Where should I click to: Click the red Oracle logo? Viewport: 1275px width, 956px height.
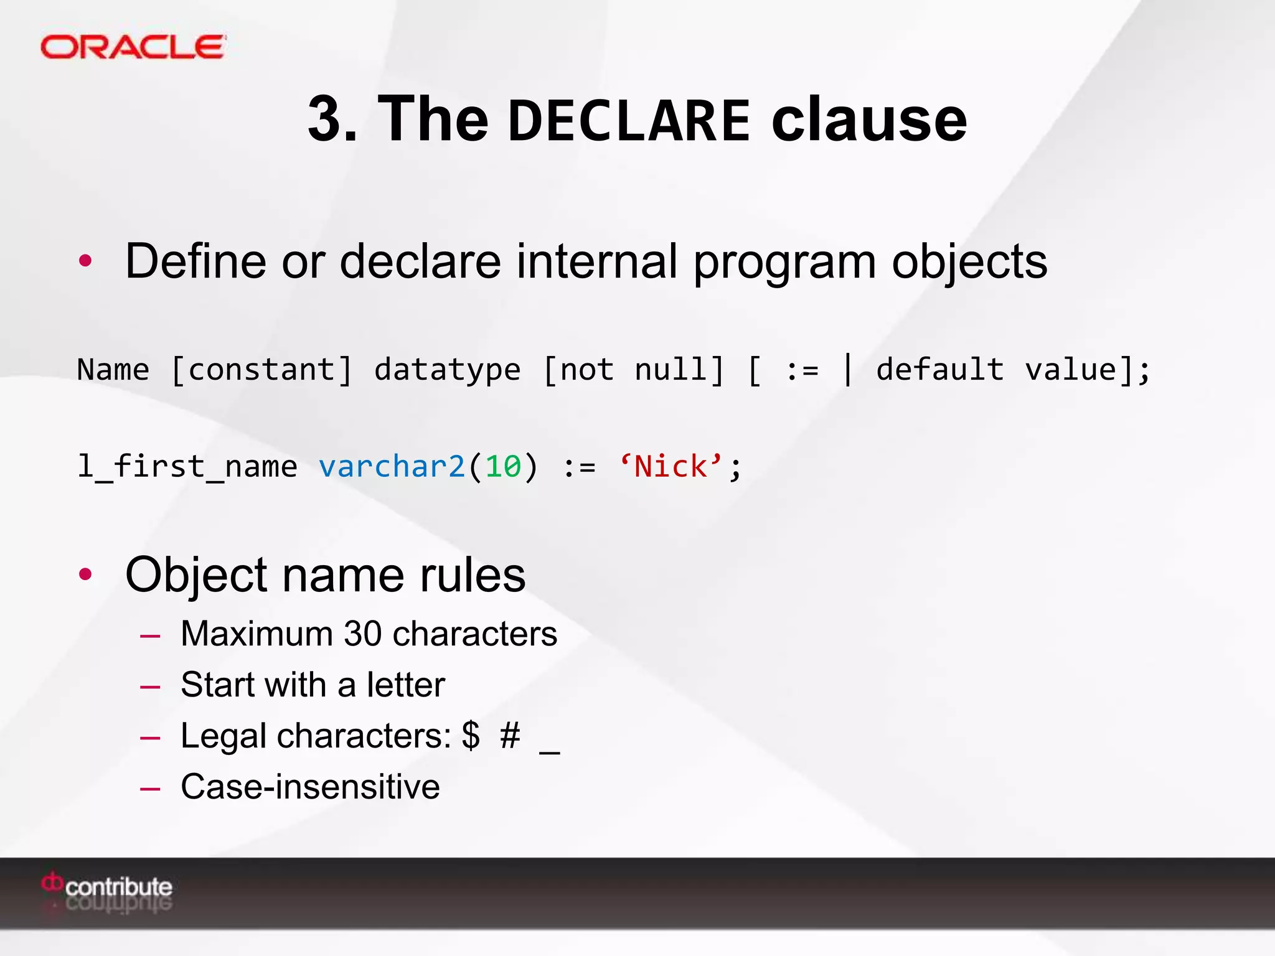(133, 47)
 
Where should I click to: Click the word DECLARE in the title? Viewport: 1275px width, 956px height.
(629, 120)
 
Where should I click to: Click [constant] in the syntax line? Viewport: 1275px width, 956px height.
(261, 370)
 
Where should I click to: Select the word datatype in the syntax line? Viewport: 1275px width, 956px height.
(447, 370)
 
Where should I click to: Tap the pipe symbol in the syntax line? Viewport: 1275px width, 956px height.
(847, 370)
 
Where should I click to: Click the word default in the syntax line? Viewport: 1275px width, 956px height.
(939, 370)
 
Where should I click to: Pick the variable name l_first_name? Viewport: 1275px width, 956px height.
(187, 467)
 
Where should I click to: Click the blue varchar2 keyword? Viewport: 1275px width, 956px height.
(392, 467)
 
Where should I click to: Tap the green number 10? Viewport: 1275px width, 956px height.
(502, 467)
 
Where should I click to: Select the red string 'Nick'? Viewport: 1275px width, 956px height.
(670, 466)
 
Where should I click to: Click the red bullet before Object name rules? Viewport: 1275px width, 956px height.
(85, 574)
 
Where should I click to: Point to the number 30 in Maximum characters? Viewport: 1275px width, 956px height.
(362, 634)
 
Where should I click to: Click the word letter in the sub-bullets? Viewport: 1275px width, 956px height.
(405, 685)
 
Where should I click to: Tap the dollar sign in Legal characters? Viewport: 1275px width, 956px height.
(471, 736)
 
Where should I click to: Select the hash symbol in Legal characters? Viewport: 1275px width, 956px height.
(510, 736)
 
